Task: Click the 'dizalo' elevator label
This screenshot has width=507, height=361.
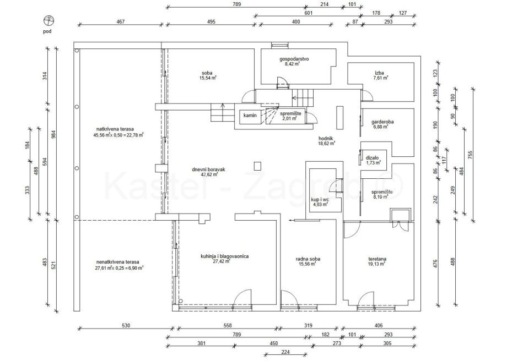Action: (373, 158)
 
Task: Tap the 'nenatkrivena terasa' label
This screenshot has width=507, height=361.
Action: (117, 262)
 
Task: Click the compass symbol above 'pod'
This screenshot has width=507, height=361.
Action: (49, 21)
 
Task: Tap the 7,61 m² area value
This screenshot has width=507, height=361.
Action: (380, 78)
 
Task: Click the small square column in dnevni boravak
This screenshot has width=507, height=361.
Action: (256, 165)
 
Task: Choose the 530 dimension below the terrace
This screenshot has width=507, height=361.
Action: (126, 326)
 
